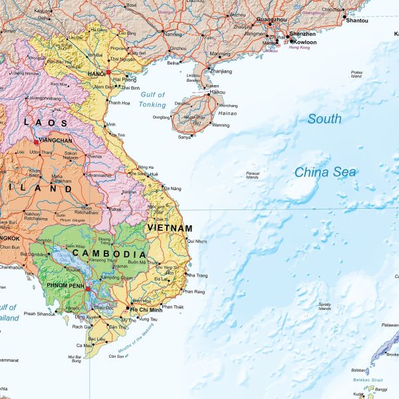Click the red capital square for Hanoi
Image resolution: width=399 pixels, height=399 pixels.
108,72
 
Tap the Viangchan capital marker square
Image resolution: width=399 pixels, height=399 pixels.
36,142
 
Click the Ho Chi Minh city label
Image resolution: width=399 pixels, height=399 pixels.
147,310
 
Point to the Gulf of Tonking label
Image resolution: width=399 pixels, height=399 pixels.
152,100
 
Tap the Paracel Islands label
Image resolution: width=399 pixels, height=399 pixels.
252,176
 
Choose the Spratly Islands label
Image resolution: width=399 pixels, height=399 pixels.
325,305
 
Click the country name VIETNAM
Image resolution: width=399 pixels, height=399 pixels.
170,228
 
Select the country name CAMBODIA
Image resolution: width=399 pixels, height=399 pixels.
109,254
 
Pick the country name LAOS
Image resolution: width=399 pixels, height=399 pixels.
45,122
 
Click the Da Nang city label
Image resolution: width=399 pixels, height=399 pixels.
172,189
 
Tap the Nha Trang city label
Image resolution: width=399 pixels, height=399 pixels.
198,275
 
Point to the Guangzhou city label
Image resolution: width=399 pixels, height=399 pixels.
271,21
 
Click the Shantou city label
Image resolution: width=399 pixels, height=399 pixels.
357,21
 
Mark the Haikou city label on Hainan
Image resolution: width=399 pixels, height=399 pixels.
217,92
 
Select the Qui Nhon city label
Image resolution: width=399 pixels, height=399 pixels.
197,241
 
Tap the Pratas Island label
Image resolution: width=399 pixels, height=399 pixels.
357,74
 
